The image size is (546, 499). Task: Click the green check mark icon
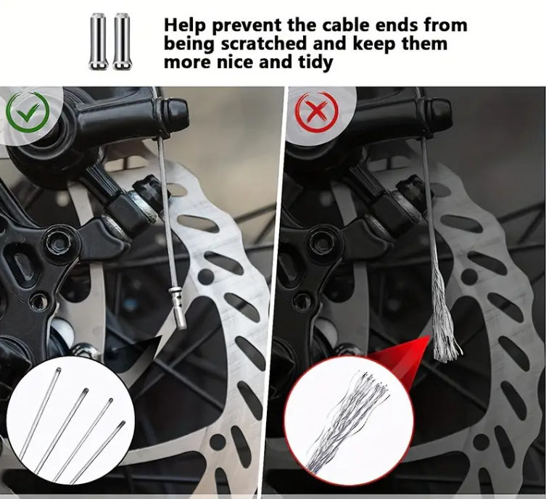click(x=28, y=112)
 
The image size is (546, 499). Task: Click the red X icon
click(x=317, y=112)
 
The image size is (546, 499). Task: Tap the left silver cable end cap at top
click(x=97, y=41)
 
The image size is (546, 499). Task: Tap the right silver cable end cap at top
click(x=120, y=41)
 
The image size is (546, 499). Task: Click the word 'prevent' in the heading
click(x=247, y=25)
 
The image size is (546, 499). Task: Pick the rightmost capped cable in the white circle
click(x=97, y=452)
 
